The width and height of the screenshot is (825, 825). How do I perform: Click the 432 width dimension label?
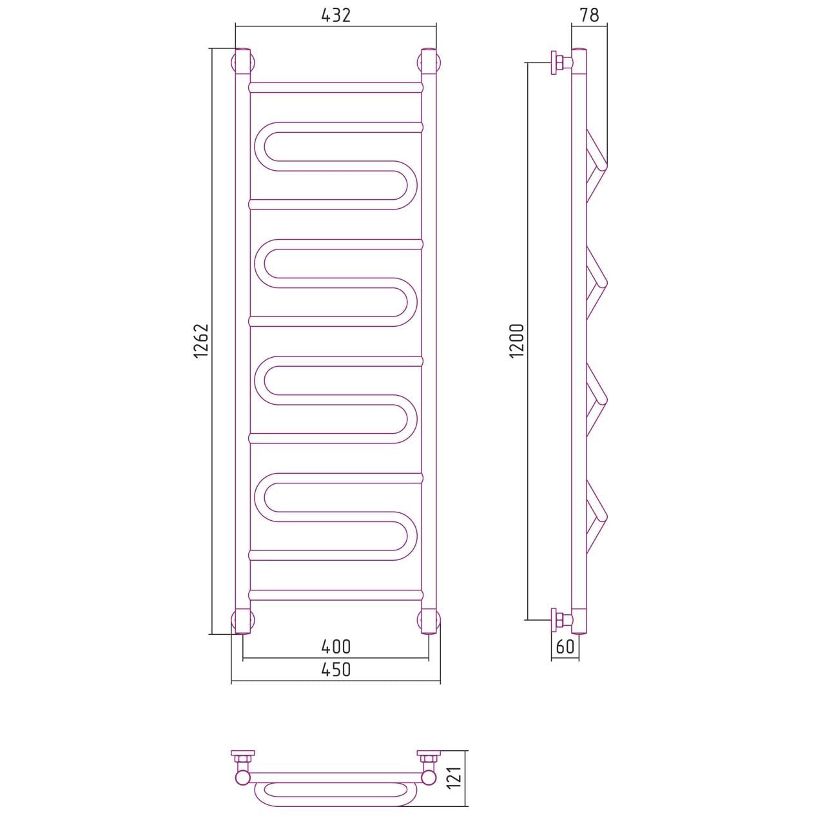point(336,16)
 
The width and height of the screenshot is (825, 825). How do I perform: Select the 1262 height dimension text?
point(201,341)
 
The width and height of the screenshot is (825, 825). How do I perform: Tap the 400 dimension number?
point(336,647)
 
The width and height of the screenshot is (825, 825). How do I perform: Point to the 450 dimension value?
point(336,670)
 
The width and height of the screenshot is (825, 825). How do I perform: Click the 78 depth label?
point(589,15)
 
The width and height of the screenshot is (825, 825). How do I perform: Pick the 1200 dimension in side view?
point(517,341)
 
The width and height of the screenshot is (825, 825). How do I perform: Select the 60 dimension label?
point(565,646)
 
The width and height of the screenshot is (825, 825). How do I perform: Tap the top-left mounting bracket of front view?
point(243,63)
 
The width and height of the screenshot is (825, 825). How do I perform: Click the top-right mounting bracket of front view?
point(429,63)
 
